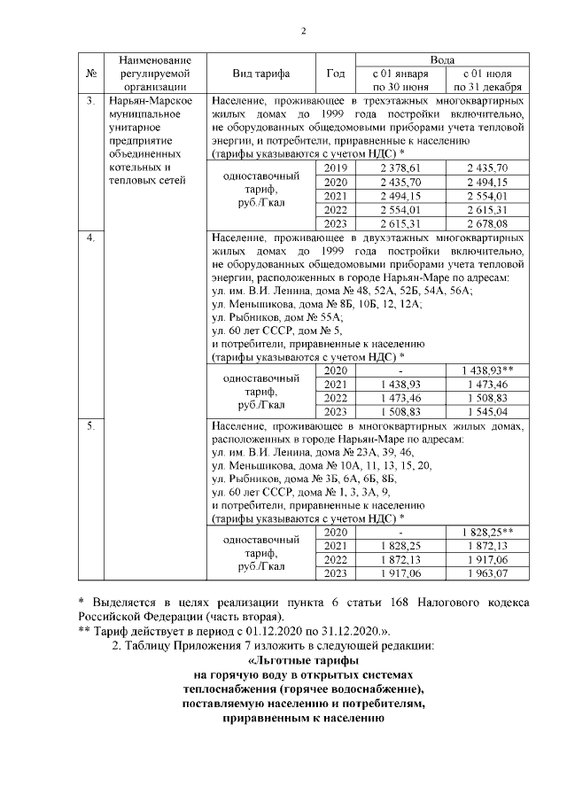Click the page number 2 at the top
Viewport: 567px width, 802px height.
(302, 33)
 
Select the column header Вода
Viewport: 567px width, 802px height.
(443, 58)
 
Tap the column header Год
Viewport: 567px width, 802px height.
(336, 73)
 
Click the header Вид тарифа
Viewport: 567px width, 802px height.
(261, 73)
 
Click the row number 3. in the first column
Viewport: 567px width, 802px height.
(90, 100)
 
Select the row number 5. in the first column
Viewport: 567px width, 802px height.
(90, 427)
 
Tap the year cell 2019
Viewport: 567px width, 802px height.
(336, 168)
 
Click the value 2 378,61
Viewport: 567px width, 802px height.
(400, 168)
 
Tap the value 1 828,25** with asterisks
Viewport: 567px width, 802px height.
(486, 532)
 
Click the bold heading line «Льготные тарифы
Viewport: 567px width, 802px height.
(303, 661)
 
